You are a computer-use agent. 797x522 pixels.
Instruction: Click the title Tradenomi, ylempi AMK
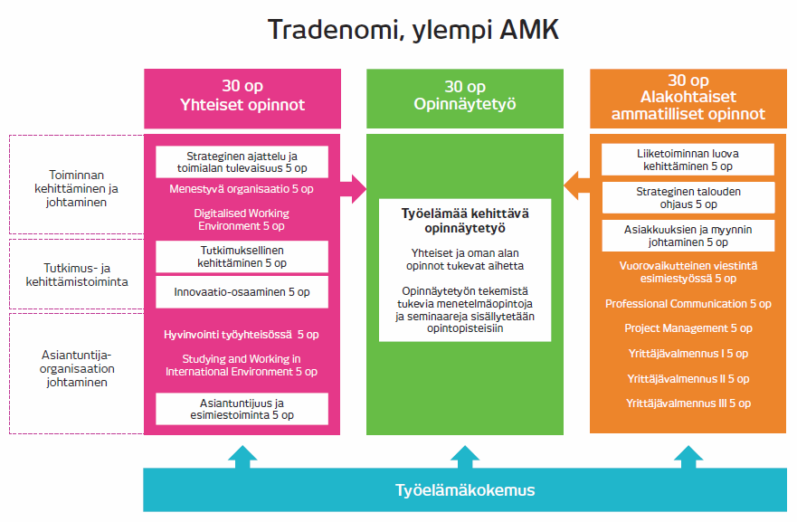pyautogui.click(x=413, y=30)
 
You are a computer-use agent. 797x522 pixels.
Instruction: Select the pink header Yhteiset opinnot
pyautogui.click(x=242, y=96)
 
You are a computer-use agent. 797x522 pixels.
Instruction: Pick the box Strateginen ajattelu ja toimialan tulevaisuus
pyautogui.click(x=242, y=162)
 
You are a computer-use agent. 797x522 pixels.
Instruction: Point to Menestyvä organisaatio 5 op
pyautogui.click(x=242, y=189)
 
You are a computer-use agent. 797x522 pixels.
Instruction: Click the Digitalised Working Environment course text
pyautogui.click(x=242, y=218)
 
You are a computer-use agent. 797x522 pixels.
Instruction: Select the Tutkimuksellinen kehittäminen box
pyautogui.click(x=242, y=256)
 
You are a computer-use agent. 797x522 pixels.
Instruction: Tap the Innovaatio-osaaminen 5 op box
pyautogui.click(x=242, y=292)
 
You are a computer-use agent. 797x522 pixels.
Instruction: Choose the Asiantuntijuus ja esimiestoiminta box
pyautogui.click(x=242, y=408)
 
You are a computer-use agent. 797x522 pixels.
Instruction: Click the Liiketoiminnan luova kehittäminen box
pyautogui.click(x=688, y=159)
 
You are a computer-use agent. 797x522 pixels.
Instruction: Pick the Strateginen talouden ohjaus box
pyautogui.click(x=688, y=197)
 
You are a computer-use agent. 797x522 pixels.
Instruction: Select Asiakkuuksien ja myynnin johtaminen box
pyautogui.click(x=688, y=235)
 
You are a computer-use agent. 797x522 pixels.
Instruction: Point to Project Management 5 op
pyautogui.click(x=688, y=328)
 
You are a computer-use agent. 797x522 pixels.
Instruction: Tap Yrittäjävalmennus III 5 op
pyautogui.click(x=688, y=403)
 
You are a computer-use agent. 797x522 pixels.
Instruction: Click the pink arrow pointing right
pyautogui.click(x=354, y=189)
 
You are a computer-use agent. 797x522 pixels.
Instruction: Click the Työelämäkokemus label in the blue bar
pyautogui.click(x=465, y=490)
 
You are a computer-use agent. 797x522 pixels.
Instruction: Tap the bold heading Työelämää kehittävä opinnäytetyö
pyautogui.click(x=465, y=221)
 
